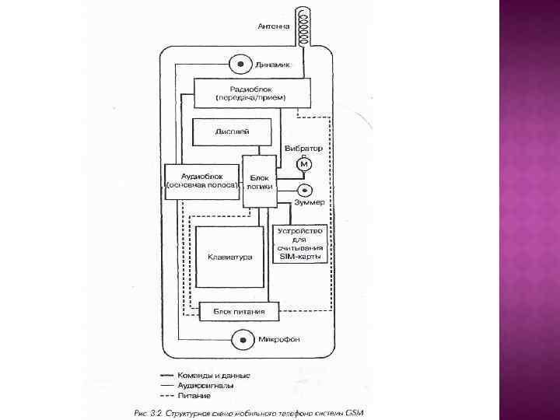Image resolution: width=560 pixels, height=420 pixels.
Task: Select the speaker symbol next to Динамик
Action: click(240, 64)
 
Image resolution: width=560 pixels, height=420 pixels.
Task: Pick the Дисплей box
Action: click(232, 132)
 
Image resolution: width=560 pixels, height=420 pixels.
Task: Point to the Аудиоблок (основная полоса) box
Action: click(202, 181)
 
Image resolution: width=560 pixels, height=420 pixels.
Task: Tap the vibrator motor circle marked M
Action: click(304, 165)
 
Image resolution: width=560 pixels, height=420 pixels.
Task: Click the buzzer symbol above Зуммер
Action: click(303, 190)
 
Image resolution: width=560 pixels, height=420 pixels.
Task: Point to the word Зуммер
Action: click(308, 203)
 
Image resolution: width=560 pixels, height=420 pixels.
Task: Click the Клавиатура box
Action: click(230, 258)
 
